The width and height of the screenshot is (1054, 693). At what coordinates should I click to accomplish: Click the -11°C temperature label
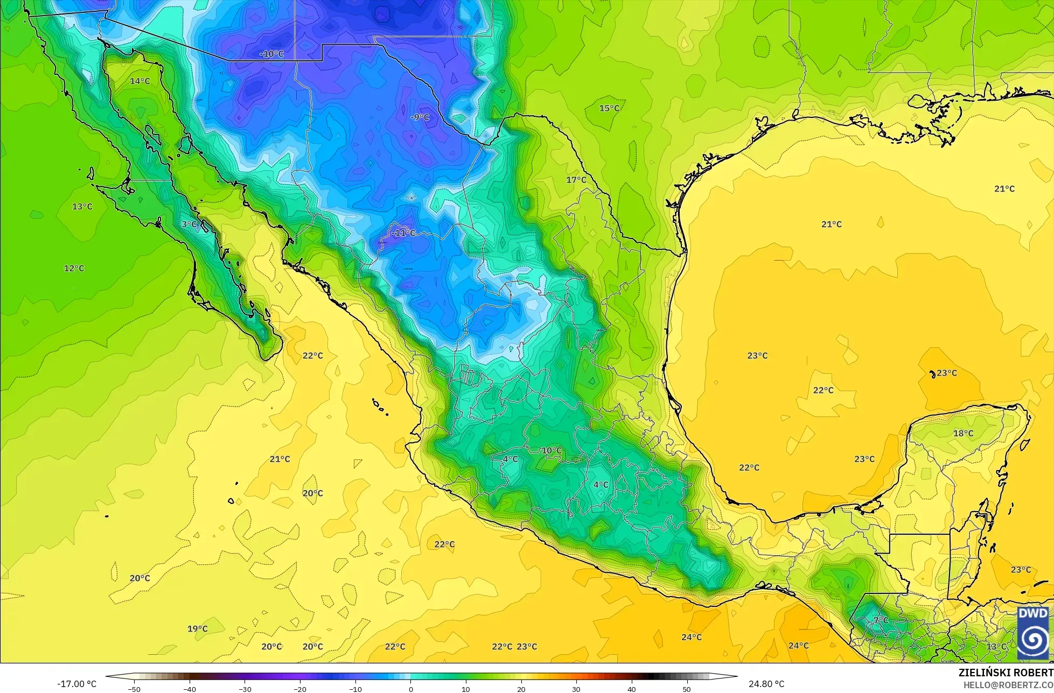tap(403, 233)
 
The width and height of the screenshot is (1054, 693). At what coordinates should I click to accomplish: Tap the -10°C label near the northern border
tap(271, 54)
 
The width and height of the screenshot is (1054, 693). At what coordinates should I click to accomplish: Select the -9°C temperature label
tap(420, 117)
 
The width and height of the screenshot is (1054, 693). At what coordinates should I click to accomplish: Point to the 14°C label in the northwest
tap(140, 81)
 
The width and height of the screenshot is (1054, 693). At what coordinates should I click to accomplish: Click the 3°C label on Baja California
tap(189, 224)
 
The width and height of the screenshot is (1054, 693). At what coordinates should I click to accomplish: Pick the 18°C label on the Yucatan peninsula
tap(964, 433)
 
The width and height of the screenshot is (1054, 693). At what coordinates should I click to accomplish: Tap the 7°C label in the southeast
tap(881, 620)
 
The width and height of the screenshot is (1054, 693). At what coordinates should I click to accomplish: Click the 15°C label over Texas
tap(609, 108)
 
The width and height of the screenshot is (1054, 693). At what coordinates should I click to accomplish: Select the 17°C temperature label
tap(576, 179)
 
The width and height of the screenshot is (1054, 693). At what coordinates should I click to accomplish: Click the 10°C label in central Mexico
tap(552, 450)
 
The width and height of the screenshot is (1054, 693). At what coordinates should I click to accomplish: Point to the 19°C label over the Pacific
tap(197, 628)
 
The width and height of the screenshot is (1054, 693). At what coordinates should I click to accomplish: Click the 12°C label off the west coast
tap(74, 268)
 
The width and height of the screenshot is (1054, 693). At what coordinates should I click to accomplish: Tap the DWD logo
tap(1033, 633)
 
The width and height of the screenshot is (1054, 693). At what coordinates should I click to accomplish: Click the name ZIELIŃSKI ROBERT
tap(1006, 673)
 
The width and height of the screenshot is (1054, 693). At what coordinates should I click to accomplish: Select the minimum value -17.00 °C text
tap(76, 684)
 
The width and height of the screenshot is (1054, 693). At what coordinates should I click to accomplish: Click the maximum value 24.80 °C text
tap(766, 684)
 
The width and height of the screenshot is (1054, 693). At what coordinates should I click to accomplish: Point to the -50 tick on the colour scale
tap(134, 689)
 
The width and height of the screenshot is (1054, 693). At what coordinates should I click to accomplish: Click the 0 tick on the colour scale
tap(410, 689)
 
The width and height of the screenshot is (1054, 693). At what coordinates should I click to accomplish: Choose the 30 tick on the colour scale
tap(576, 689)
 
